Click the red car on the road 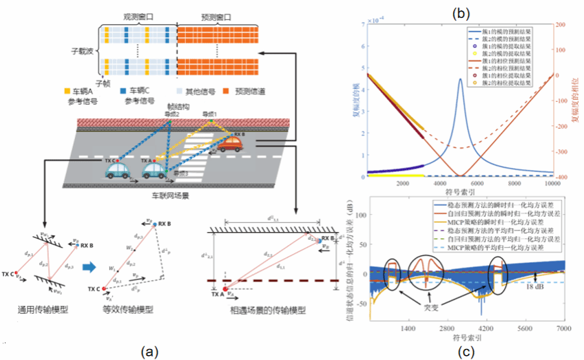(230, 145)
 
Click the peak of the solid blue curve (460, 79)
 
